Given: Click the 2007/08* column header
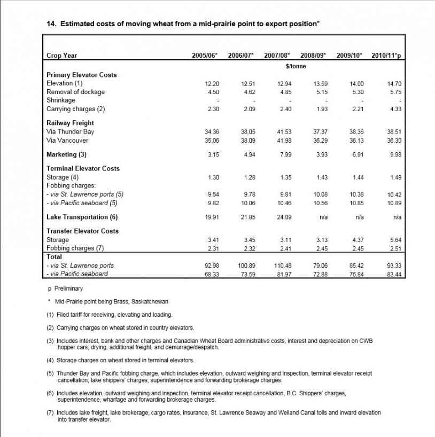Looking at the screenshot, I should [277, 55].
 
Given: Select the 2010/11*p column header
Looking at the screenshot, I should [386, 55].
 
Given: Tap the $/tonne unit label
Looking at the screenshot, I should [296, 66].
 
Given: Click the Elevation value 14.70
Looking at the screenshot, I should [394, 84].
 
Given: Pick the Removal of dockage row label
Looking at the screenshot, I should [75, 92].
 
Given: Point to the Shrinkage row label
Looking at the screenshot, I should [61, 100].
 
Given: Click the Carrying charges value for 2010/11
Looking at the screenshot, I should [395, 110].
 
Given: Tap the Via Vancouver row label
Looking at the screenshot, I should [67, 141].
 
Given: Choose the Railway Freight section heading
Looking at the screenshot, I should [70, 123].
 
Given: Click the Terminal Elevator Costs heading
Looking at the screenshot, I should [83, 168].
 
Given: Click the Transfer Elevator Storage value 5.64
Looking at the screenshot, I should [395, 240].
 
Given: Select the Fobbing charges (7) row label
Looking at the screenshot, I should [75, 248].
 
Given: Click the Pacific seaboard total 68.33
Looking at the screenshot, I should [212, 275].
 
